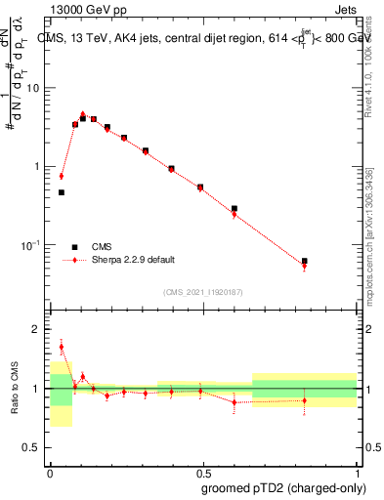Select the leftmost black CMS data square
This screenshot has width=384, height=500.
pyautogui.click(x=62, y=192)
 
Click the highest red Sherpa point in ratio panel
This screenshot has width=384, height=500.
pyautogui.click(x=62, y=347)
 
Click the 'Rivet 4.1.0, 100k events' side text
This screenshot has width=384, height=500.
pyautogui.click(x=368, y=59)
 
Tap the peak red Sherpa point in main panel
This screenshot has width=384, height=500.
pyautogui.click(x=83, y=114)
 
